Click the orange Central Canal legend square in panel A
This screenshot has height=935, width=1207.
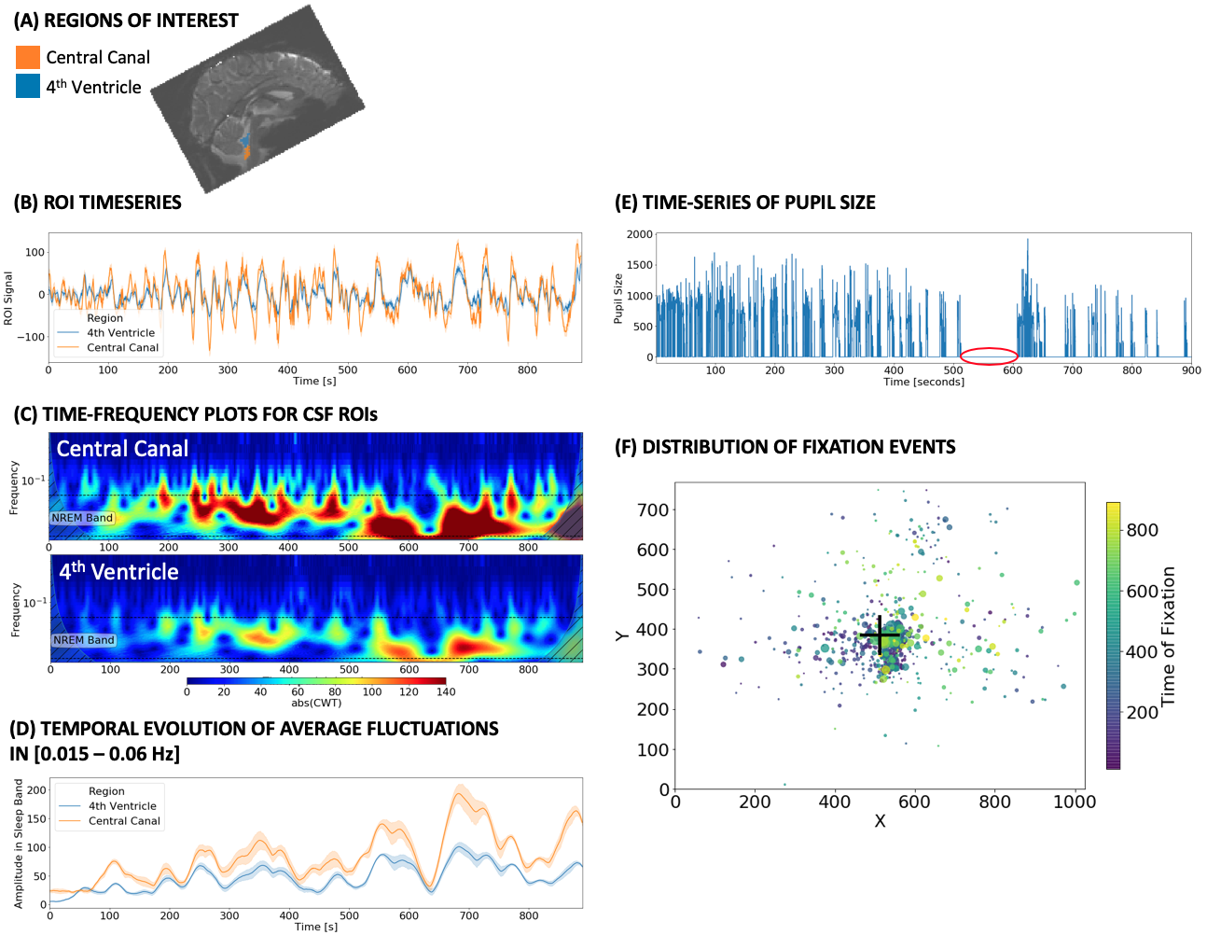[x=28, y=57]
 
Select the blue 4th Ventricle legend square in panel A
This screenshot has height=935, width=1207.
[x=28, y=87]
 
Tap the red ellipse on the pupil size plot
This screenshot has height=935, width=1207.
[x=989, y=356]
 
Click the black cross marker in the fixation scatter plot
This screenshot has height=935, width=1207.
[x=880, y=635]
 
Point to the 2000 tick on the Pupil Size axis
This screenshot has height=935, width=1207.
[x=640, y=234]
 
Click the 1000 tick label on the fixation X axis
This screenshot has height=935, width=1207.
[x=1075, y=802]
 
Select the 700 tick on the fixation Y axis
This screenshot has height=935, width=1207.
[x=653, y=509]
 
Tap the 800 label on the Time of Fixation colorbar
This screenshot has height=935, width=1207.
[x=1142, y=530]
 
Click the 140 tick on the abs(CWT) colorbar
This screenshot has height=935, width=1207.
[x=446, y=691]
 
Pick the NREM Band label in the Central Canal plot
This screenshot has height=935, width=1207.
[x=82, y=518]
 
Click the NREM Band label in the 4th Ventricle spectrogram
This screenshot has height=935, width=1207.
[x=84, y=640]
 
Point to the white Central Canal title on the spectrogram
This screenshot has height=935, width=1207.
[x=122, y=449]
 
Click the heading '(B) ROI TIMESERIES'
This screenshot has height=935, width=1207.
[x=97, y=202]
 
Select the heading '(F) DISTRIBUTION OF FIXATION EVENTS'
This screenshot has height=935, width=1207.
[x=785, y=447]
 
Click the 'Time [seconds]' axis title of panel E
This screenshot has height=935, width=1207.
[x=923, y=382]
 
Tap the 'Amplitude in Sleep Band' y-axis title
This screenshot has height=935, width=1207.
[x=18, y=844]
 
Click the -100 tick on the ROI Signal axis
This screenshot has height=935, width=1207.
[x=35, y=337]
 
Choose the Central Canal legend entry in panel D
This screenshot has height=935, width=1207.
[x=124, y=821]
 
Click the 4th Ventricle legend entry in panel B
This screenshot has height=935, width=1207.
[x=120, y=333]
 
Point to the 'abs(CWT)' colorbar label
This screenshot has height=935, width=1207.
[x=316, y=703]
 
